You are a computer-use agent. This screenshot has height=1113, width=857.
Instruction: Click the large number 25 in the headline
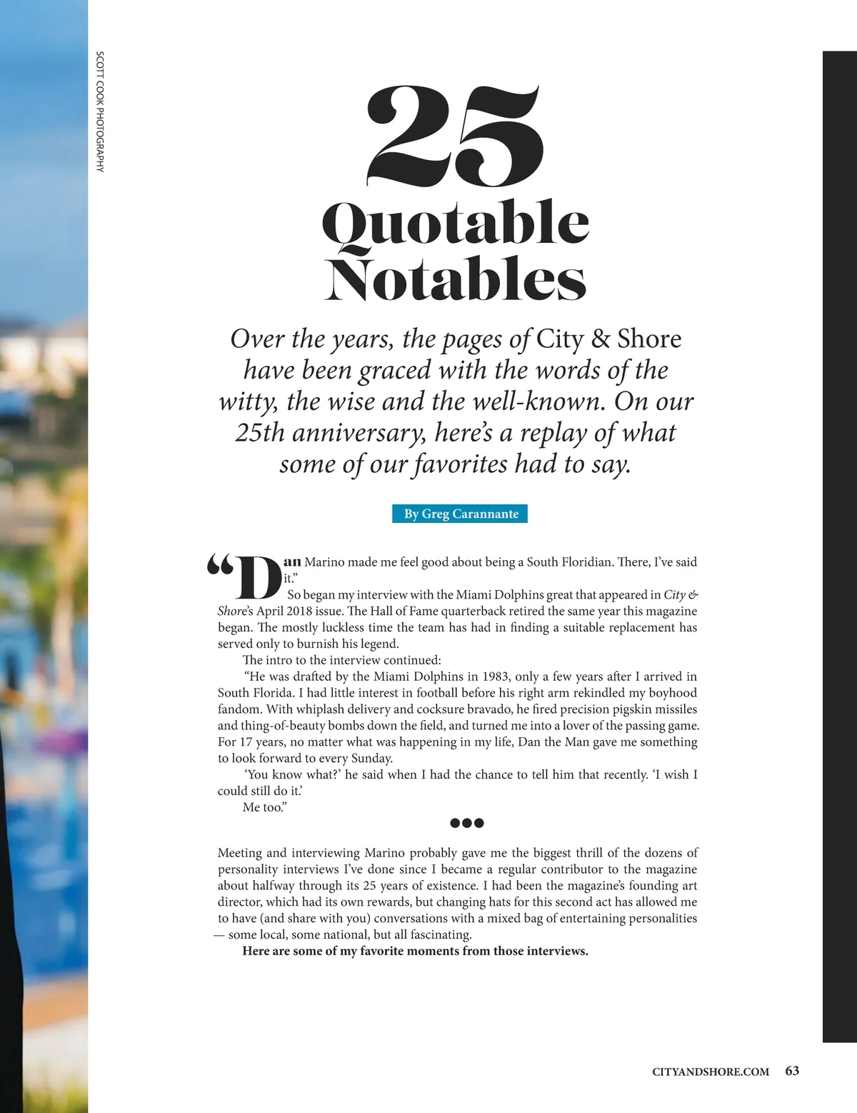(454, 136)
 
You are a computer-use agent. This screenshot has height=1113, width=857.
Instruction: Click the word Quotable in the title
(456, 224)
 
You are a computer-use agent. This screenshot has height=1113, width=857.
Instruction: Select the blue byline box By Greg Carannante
(460, 514)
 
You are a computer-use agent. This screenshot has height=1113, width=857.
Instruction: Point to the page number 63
(792, 1071)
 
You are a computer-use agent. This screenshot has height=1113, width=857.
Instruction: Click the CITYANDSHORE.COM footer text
(711, 1072)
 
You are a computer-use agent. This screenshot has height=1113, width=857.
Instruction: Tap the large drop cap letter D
(257, 577)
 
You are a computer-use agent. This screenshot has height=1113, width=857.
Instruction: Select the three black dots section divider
(467, 823)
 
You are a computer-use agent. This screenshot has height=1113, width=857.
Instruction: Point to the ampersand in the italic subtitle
(601, 339)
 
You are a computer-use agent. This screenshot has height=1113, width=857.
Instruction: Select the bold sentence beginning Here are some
(415, 951)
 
